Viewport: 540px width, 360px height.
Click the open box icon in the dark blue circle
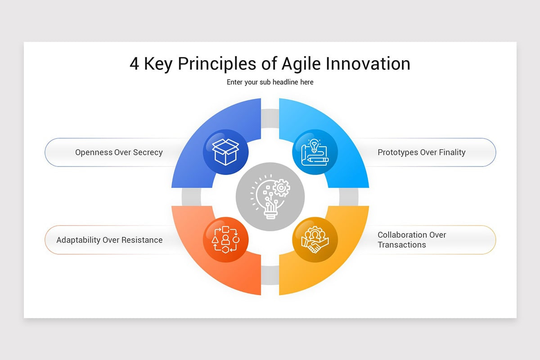(x=225, y=152)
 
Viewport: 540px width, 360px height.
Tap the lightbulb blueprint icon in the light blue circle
(x=315, y=152)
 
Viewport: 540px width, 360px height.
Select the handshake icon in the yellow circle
(x=315, y=239)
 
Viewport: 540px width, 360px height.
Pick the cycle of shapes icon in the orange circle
(x=225, y=239)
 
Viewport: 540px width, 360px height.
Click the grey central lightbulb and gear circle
(x=270, y=197)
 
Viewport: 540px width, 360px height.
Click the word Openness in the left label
(x=94, y=153)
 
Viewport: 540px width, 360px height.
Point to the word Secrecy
(x=148, y=153)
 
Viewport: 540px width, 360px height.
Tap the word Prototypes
(x=398, y=153)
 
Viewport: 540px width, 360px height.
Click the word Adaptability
(x=78, y=240)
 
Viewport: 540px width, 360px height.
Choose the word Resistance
(x=142, y=240)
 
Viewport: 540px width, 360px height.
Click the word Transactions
(x=402, y=245)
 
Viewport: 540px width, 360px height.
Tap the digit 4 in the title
(x=134, y=63)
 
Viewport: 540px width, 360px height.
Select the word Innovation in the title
(x=368, y=63)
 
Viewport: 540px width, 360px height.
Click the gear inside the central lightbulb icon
(x=281, y=188)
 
